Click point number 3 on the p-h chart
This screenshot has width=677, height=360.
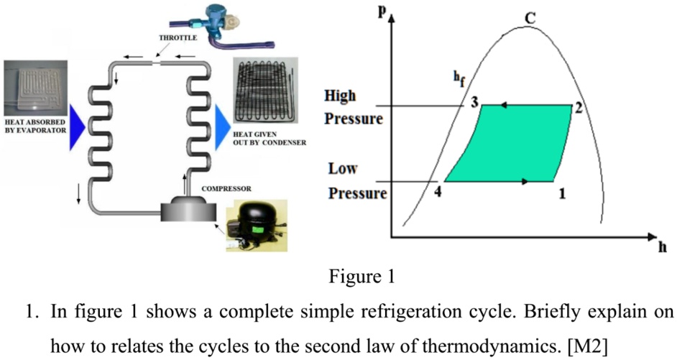tap(474, 101)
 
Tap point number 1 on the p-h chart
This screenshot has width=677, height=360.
tap(563, 193)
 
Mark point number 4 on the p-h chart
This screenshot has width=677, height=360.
tap(438, 191)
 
